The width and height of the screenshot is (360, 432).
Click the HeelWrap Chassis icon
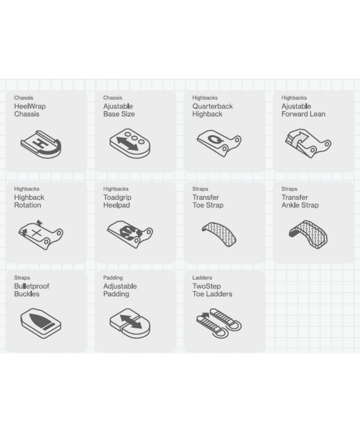tap(41, 144)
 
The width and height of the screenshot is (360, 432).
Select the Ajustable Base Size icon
tap(130, 143)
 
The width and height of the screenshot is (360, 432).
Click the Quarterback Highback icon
tap(219, 143)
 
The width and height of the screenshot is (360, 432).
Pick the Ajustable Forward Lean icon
tap(308, 143)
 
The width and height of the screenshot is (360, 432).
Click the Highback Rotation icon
tap(41, 235)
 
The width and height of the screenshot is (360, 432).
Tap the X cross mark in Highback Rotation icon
tap(36, 233)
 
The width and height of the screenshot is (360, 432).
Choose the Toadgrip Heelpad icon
tap(130, 234)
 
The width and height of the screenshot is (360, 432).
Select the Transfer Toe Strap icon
tap(219, 234)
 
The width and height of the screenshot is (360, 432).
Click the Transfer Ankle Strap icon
tap(308, 234)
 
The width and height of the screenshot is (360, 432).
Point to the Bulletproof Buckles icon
tap(41, 324)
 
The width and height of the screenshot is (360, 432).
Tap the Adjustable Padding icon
tap(130, 324)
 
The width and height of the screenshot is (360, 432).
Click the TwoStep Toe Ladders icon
tap(219, 323)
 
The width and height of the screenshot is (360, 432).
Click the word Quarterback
tap(212, 106)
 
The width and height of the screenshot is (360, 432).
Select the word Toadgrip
tap(117, 197)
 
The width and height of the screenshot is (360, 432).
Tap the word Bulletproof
tap(31, 286)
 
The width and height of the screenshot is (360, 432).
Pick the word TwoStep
tap(207, 286)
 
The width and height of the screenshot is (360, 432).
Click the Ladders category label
tap(202, 278)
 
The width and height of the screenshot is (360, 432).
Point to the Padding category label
tap(113, 278)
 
